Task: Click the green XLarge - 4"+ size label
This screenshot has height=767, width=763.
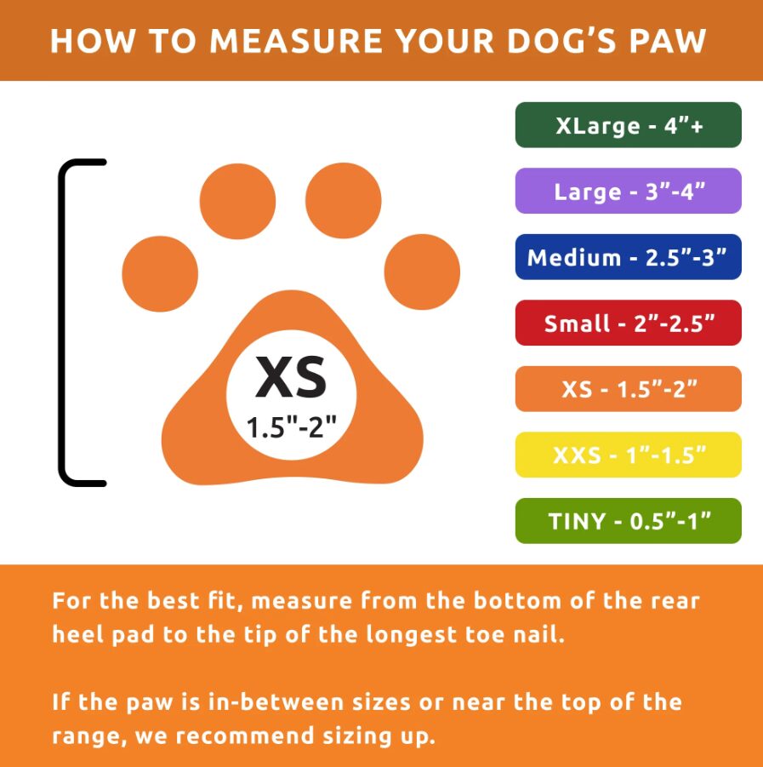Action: click(x=628, y=125)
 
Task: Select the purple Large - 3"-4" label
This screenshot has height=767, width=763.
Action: click(x=628, y=191)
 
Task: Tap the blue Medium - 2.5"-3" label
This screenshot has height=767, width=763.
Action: click(x=628, y=257)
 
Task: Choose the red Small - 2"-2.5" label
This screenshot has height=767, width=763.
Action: click(x=628, y=323)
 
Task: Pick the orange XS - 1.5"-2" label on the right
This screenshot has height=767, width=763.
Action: click(x=628, y=389)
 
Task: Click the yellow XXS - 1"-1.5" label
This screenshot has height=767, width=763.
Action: click(x=628, y=455)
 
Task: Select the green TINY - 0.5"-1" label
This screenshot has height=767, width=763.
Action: click(x=628, y=521)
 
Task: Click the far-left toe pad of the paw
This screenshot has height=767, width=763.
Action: click(x=160, y=274)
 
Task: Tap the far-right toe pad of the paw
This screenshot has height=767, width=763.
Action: click(x=422, y=272)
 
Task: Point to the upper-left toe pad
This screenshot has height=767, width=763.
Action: click(x=237, y=201)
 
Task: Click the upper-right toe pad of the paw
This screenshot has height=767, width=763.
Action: click(x=343, y=201)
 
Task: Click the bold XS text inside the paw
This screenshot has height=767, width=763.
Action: click(x=291, y=377)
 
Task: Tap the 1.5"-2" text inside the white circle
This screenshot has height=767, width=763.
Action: click(x=291, y=427)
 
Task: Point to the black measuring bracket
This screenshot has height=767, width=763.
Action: click(x=62, y=323)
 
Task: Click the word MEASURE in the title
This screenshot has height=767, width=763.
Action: click(x=296, y=41)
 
